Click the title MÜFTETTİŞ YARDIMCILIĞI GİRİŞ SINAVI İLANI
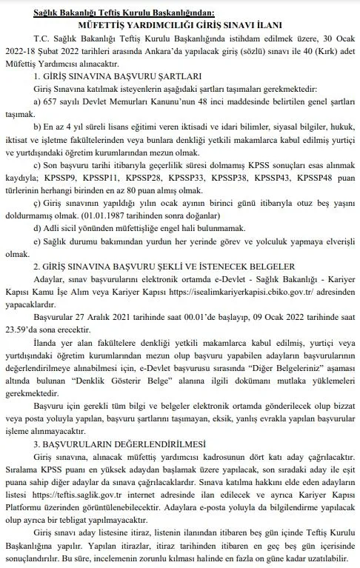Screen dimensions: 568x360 coord(181,24)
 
